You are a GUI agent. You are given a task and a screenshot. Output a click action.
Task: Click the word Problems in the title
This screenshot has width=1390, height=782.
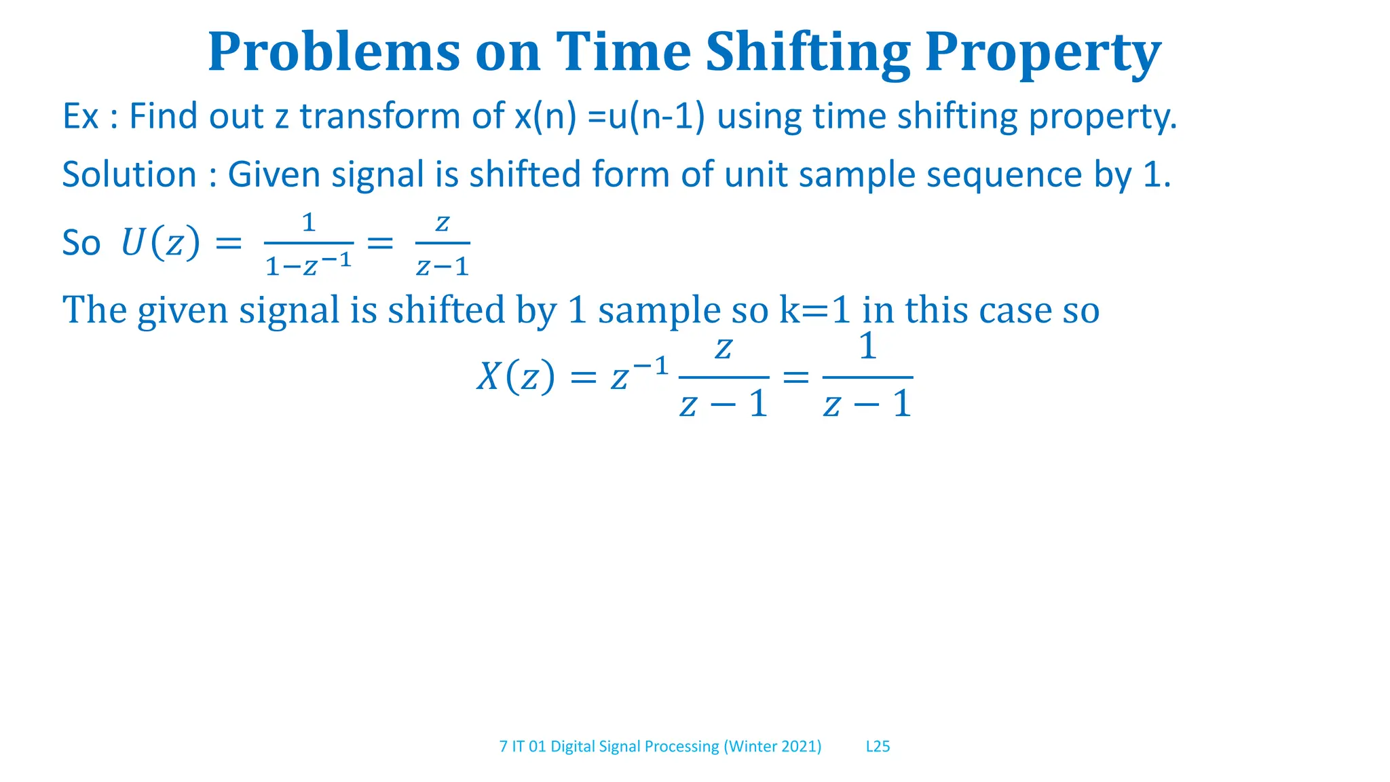(333, 52)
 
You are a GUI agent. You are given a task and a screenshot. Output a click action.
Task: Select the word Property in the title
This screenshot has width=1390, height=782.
(1042, 52)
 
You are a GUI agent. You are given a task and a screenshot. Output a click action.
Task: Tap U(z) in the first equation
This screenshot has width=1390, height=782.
(161, 242)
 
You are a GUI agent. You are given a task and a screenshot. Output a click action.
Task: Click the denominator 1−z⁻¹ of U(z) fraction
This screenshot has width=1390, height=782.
(309, 265)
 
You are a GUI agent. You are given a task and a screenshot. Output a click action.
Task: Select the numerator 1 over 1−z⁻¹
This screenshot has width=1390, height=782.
(309, 223)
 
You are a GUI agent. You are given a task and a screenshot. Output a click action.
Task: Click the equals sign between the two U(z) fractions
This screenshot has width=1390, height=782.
(380, 242)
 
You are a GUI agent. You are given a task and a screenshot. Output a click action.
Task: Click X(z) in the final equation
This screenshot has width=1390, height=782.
(515, 377)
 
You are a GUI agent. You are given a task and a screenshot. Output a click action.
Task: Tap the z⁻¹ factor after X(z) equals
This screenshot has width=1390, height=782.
(639, 375)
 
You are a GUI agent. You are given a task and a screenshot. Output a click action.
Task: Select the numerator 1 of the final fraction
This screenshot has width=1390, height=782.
(867, 347)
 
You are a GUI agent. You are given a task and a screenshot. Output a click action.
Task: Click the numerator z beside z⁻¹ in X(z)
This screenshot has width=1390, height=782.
(724, 349)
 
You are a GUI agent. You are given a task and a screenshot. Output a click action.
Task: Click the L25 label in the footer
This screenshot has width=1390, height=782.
(878, 747)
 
